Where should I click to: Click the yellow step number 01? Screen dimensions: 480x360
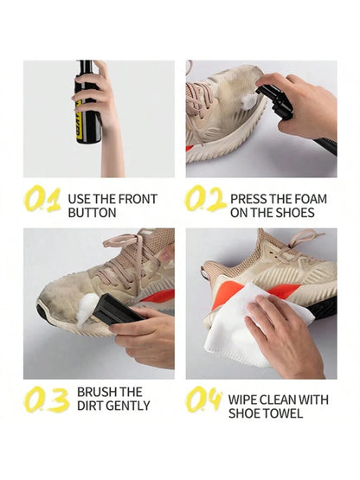[x=42, y=200]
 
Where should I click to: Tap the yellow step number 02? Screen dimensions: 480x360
[x=205, y=200]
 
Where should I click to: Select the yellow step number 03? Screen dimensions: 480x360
[x=46, y=400]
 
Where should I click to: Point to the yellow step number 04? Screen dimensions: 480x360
[x=205, y=400]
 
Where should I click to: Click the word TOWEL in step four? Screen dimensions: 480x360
[x=290, y=413]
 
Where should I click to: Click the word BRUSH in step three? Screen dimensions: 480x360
[x=99, y=392]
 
